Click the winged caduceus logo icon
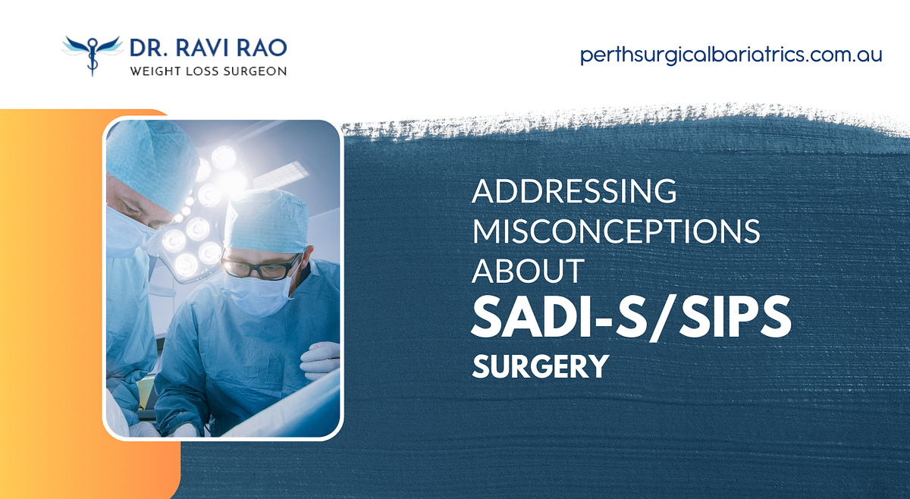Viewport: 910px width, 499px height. click(92, 54)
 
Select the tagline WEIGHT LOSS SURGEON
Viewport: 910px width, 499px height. click(208, 71)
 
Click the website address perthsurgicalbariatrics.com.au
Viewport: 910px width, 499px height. click(731, 55)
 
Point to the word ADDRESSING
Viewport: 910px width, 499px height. click(574, 191)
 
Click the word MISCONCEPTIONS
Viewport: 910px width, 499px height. click(616, 231)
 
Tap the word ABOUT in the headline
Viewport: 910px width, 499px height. click(529, 271)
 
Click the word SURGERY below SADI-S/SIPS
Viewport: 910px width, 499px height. click(540, 367)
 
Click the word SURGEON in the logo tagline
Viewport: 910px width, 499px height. click(256, 71)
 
